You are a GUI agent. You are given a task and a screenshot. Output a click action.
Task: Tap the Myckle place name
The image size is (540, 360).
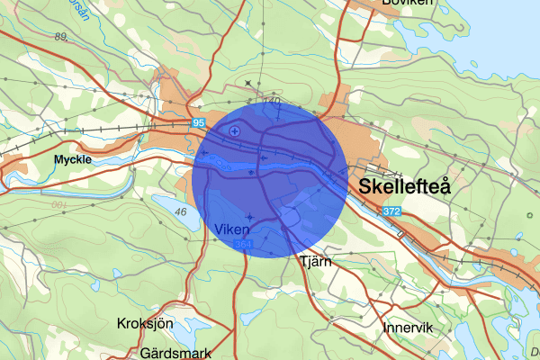(73, 160)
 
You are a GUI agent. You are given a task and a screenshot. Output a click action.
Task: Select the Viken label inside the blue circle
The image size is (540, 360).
(232, 229)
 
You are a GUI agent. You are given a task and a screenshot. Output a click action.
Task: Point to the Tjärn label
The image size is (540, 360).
(315, 262)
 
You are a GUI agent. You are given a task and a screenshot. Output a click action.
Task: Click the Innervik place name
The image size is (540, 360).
(409, 327)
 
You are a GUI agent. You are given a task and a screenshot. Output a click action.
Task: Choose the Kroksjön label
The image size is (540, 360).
(145, 322)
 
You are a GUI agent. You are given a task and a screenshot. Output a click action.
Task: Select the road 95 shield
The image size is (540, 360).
(199, 121)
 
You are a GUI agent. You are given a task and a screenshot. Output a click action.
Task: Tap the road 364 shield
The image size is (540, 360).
(242, 245)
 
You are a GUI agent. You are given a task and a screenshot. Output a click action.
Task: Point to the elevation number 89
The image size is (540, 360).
(61, 36)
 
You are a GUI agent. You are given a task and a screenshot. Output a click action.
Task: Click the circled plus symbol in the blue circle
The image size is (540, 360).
(235, 131)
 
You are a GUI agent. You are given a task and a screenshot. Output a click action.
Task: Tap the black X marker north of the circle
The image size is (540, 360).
(248, 84)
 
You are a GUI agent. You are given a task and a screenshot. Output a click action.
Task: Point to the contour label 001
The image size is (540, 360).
(59, 206)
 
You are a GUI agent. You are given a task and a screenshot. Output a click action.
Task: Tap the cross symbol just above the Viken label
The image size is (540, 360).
(249, 216)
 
